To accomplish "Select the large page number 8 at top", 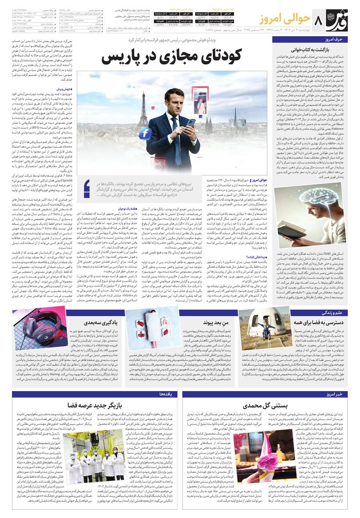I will tap(320, 21).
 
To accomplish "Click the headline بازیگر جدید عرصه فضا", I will tap(98, 405).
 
